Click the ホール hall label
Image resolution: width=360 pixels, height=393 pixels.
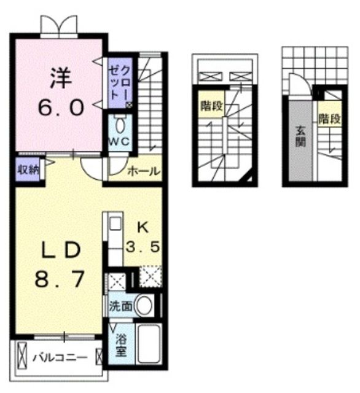143,171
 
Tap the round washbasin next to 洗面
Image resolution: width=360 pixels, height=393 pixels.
144,305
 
